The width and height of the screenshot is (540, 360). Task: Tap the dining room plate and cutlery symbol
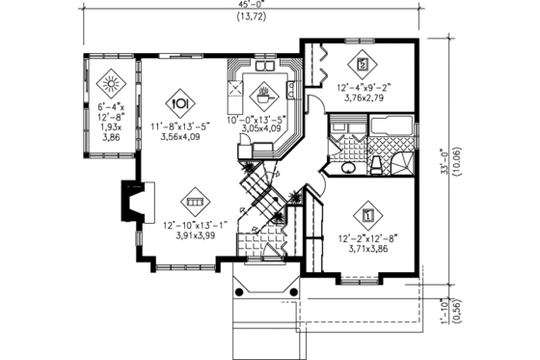(x=179, y=102)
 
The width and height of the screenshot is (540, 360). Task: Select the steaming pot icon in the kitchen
(x=261, y=95)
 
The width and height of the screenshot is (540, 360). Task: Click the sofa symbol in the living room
(x=195, y=203)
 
